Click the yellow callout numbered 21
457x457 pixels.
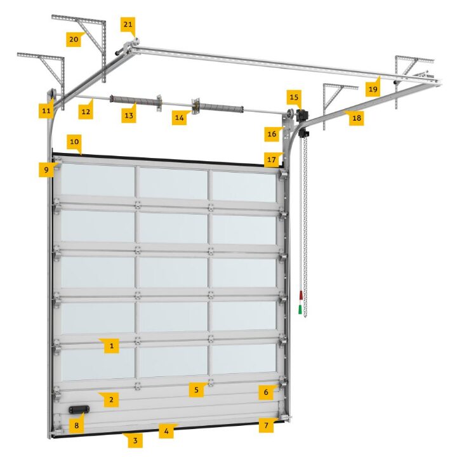click(128, 25)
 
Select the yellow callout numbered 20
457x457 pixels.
click(74, 39)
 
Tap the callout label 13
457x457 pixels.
click(129, 116)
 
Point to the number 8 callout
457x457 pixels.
click(76, 425)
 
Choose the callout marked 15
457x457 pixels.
click(294, 97)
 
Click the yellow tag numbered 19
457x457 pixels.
click(373, 89)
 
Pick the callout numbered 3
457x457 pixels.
click(135, 440)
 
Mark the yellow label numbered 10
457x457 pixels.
click(74, 142)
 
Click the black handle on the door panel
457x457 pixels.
click(79, 409)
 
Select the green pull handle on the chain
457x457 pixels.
click(300, 310)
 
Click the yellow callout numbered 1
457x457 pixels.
click(111, 346)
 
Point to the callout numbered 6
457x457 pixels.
click(266, 392)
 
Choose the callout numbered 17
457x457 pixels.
click(272, 160)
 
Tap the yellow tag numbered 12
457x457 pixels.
click(86, 112)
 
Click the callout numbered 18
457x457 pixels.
click(357, 118)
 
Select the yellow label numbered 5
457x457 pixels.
click(196, 390)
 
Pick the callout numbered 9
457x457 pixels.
click(46, 169)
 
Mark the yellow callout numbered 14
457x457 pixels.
click(179, 118)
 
